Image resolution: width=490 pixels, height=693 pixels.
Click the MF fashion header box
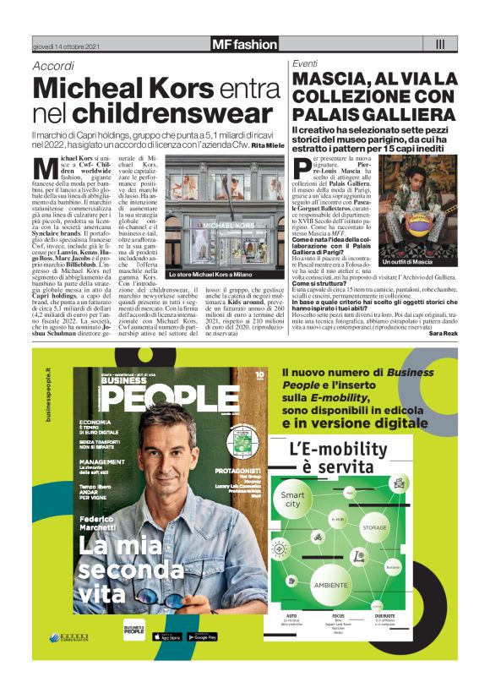244,44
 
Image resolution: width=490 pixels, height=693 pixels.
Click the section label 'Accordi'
52,67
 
